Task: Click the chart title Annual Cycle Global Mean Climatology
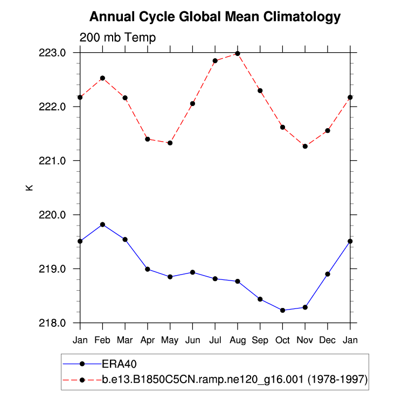click(x=215, y=17)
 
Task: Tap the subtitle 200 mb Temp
click(x=117, y=38)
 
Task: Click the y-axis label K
click(x=29, y=187)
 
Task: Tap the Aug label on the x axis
click(x=238, y=341)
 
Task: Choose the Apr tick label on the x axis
click(x=147, y=341)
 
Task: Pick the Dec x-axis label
click(x=328, y=341)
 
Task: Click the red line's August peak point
click(x=238, y=53)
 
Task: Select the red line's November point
click(x=305, y=146)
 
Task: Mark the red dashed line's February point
click(x=102, y=78)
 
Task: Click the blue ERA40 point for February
click(x=102, y=224)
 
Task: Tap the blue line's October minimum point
click(x=282, y=310)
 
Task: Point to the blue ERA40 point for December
click(x=328, y=274)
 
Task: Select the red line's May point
click(x=170, y=143)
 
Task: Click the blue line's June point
click(x=192, y=272)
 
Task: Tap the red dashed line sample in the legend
click(x=82, y=380)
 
